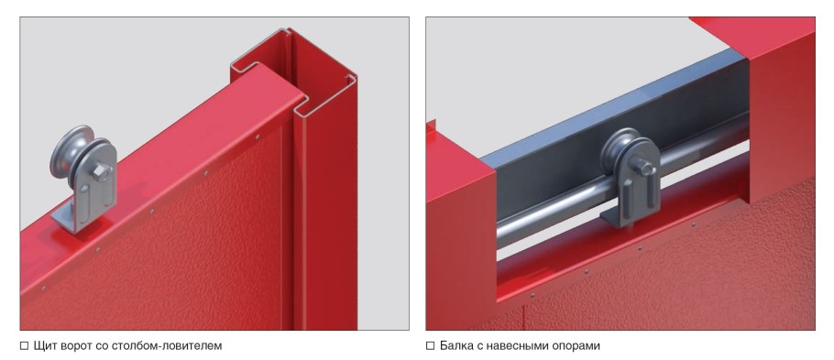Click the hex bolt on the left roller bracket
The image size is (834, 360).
pyautogui.click(x=101, y=171)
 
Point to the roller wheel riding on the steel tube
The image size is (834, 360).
pyautogui.click(x=620, y=149)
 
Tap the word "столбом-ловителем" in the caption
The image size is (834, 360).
pyautogui.click(x=167, y=346)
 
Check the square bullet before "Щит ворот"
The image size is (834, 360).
pyautogui.click(x=24, y=346)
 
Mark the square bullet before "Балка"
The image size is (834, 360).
pyautogui.click(x=431, y=346)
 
